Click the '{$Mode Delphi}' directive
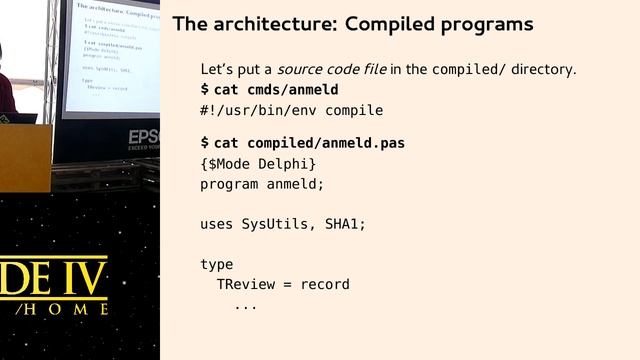pos(258,164)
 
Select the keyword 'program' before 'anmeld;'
pos(229,184)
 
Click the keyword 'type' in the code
pos(217,264)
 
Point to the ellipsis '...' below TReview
pos(246,304)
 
